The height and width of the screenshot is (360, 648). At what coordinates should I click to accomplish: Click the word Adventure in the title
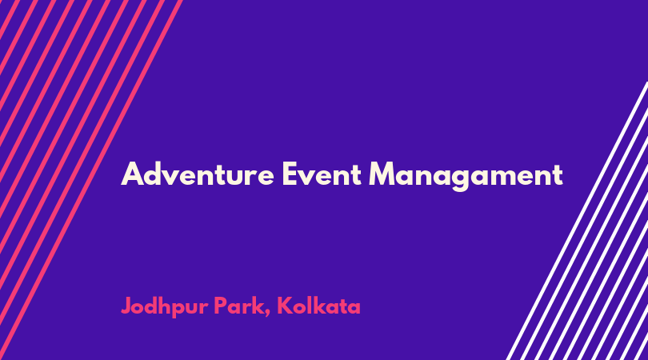pos(198,174)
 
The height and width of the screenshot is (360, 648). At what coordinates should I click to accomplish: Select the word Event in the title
pos(322,174)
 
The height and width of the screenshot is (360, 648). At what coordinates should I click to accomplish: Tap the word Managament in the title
pos(466,177)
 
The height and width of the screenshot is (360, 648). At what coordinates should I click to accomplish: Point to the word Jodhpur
pos(165,307)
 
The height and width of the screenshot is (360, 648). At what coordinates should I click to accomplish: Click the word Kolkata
pos(318,306)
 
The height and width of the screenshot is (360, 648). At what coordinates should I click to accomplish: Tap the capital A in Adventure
pos(132,174)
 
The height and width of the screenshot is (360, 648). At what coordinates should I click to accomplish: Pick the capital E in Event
pos(290,174)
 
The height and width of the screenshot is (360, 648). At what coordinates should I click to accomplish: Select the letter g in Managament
pos(459,180)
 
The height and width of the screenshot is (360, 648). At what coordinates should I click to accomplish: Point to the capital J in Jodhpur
pos(127,306)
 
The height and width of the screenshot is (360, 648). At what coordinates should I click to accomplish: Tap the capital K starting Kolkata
pos(285,306)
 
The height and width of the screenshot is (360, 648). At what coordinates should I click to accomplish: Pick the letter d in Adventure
pos(154,174)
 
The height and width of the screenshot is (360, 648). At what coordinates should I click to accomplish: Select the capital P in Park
pos(222,306)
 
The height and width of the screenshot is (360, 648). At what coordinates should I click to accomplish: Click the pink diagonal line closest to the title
pos(90,180)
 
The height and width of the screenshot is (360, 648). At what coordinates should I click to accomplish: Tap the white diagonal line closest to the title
pos(577,221)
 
